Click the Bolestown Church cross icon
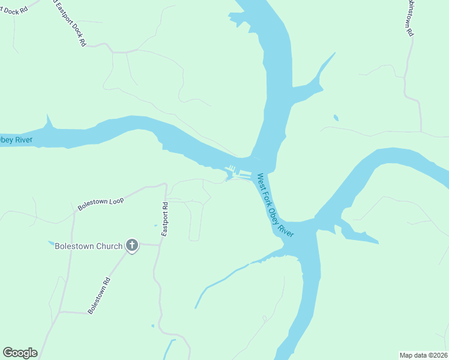[132, 245]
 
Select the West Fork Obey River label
[275, 205]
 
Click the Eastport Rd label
[164, 214]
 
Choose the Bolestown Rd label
[99, 295]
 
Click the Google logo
[20, 353]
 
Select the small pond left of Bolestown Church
[51, 244]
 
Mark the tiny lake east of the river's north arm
[336, 117]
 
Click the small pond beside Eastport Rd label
[155, 226]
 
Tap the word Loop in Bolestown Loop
[115, 200]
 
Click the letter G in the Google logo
[8, 353]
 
